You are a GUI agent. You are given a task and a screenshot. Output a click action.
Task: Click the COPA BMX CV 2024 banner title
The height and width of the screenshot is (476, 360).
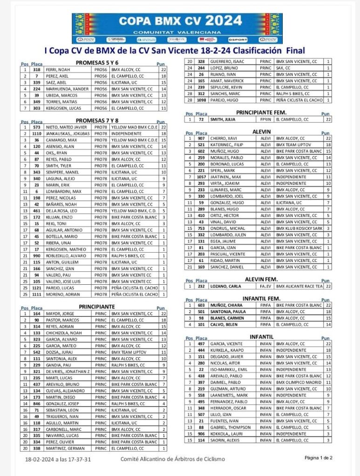pyautogui.click(x=180, y=21)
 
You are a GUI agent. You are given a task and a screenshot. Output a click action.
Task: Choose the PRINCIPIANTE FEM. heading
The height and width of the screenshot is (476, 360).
pyautogui.click(x=261, y=112)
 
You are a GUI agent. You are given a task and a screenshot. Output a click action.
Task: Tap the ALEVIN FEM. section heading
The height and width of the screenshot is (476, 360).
pyautogui.click(x=261, y=279)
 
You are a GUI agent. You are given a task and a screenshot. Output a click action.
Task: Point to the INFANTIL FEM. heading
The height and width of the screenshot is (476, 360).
pyautogui.click(x=261, y=298)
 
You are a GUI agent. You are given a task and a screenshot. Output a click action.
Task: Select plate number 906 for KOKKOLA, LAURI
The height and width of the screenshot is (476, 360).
pyautogui.click(x=201, y=434)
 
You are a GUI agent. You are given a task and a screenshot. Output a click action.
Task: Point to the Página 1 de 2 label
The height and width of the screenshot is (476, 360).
pyautogui.click(x=319, y=458)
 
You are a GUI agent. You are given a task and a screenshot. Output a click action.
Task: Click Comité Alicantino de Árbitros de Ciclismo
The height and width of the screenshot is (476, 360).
pyautogui.click(x=172, y=459)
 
